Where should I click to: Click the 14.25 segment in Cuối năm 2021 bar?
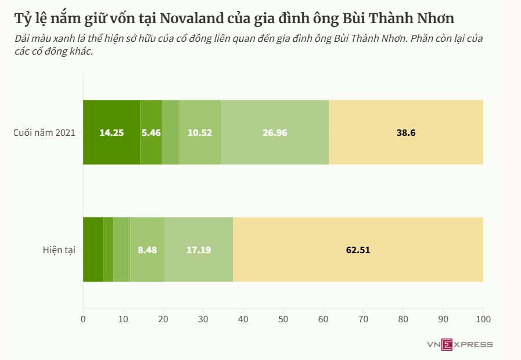point(112,132)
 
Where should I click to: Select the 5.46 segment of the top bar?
point(151,132)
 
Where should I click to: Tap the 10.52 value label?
point(200,132)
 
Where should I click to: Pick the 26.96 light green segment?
point(275,132)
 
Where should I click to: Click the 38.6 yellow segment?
point(406,132)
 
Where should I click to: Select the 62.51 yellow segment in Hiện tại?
point(358,250)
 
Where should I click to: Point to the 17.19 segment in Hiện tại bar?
point(199,250)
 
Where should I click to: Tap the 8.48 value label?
point(147,250)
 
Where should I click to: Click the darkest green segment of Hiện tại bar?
point(93,250)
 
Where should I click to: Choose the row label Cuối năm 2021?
point(45,133)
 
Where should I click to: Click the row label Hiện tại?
point(59,250)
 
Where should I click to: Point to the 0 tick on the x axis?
point(83,319)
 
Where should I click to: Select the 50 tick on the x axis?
point(283,319)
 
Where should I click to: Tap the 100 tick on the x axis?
point(483,319)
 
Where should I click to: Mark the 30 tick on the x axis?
point(203,319)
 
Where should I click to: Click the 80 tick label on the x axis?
point(403,319)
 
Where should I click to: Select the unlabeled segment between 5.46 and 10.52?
point(170,132)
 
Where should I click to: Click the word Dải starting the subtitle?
point(24,39)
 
